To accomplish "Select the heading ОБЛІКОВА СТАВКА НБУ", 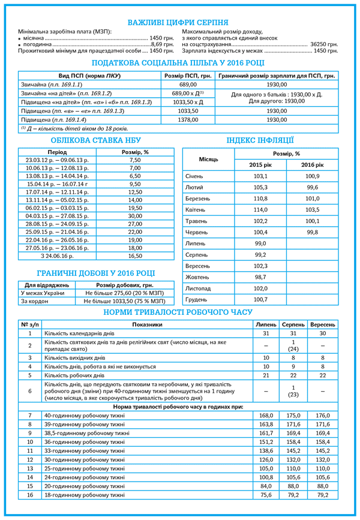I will (92, 140).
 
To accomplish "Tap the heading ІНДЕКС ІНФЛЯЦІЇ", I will (260, 140).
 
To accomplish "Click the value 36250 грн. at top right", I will (324, 44).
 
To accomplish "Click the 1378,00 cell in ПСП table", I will (188, 120).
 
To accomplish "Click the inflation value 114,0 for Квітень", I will (260, 210).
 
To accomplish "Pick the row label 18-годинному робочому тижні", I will (84, 495).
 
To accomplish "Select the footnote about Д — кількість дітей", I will (75, 128).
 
